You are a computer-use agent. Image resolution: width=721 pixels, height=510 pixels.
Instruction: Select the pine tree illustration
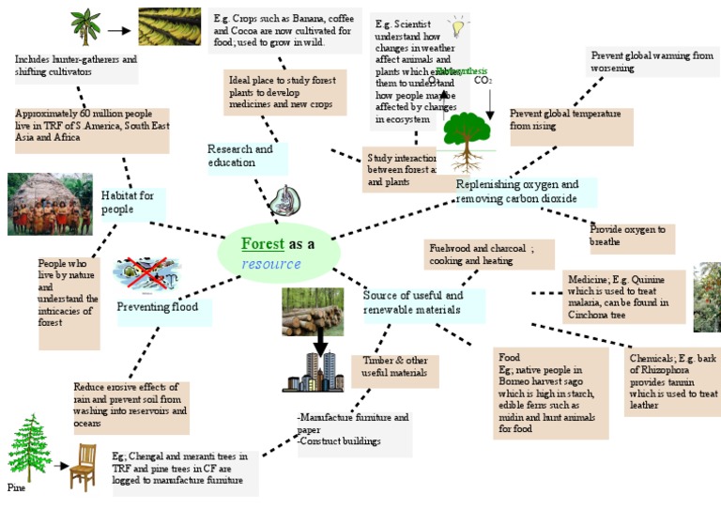tap(29, 448)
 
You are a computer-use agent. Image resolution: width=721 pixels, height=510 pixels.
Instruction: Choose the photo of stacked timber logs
tap(312, 312)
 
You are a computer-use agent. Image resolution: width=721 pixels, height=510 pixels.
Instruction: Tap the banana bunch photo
tap(169, 27)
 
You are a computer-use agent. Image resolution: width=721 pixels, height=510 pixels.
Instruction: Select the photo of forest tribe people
tap(50, 204)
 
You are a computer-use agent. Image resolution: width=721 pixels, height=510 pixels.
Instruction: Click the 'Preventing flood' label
tap(158, 307)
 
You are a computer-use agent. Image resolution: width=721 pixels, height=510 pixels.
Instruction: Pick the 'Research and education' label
tap(240, 156)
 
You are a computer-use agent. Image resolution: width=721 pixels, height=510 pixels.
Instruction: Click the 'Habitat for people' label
tap(128, 202)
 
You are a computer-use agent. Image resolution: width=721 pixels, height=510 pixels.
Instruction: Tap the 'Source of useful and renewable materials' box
tap(422, 302)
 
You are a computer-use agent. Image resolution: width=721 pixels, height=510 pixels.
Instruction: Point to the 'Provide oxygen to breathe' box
tap(630, 237)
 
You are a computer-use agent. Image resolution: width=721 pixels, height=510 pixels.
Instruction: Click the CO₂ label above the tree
tap(483, 81)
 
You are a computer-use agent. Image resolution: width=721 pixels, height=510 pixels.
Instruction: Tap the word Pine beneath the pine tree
tap(17, 488)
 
